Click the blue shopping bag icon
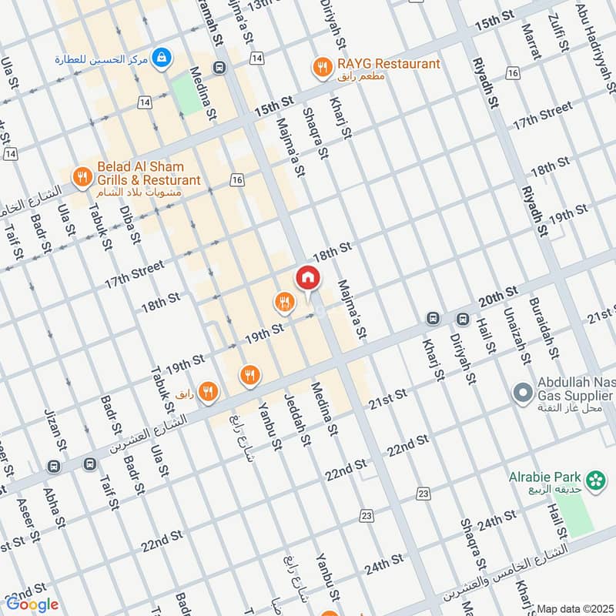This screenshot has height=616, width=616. pos(161,58)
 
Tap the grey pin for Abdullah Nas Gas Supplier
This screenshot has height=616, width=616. pos(522,393)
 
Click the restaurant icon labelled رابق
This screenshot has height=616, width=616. pos(207,393)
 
